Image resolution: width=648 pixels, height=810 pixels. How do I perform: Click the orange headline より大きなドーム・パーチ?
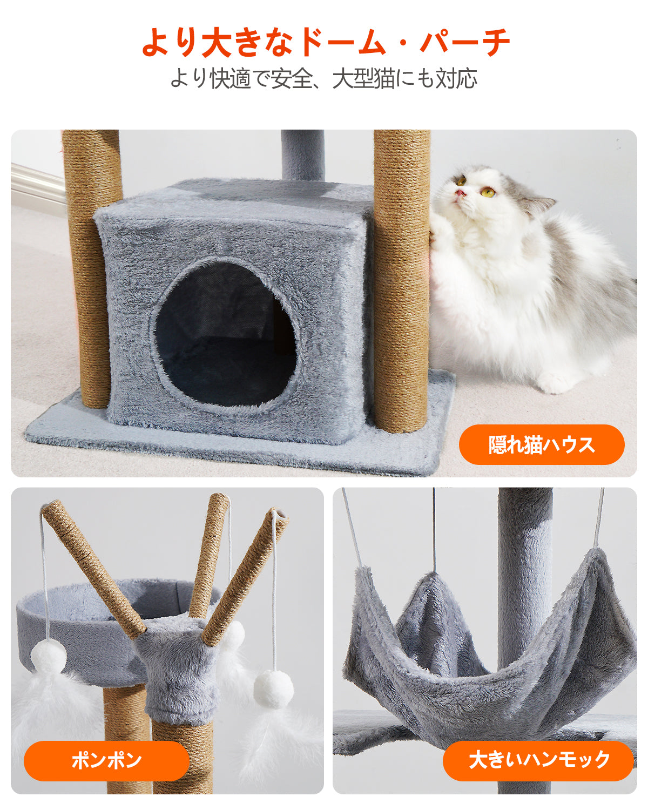[326, 42]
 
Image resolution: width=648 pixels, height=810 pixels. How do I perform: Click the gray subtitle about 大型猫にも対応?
[324, 79]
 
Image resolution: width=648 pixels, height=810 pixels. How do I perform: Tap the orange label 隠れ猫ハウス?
[541, 444]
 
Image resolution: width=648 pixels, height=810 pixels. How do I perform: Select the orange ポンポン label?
[106, 760]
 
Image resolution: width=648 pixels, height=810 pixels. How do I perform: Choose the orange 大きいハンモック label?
[538, 760]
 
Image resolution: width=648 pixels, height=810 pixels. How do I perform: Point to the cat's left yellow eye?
[488, 191]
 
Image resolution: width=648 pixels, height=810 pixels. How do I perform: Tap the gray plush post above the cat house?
[302, 154]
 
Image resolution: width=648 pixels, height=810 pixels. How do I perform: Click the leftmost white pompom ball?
[49, 656]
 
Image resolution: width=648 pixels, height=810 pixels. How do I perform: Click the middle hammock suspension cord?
[434, 529]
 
